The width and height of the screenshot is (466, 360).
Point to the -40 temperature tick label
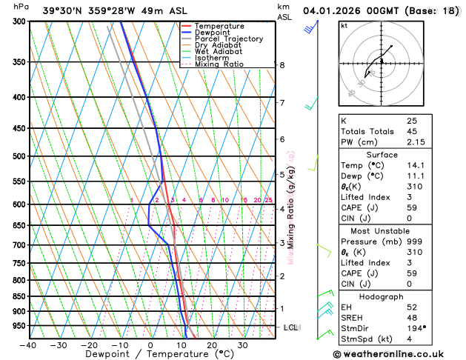click(29, 344)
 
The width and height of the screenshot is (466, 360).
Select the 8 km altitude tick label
click(282, 65)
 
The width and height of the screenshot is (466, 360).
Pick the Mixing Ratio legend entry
click(217, 64)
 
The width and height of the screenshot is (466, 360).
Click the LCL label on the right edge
click(291, 327)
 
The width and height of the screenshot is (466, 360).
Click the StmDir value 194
click(416, 327)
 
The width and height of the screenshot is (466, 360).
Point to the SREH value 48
click(411, 317)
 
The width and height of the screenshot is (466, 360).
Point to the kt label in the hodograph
click(344, 25)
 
